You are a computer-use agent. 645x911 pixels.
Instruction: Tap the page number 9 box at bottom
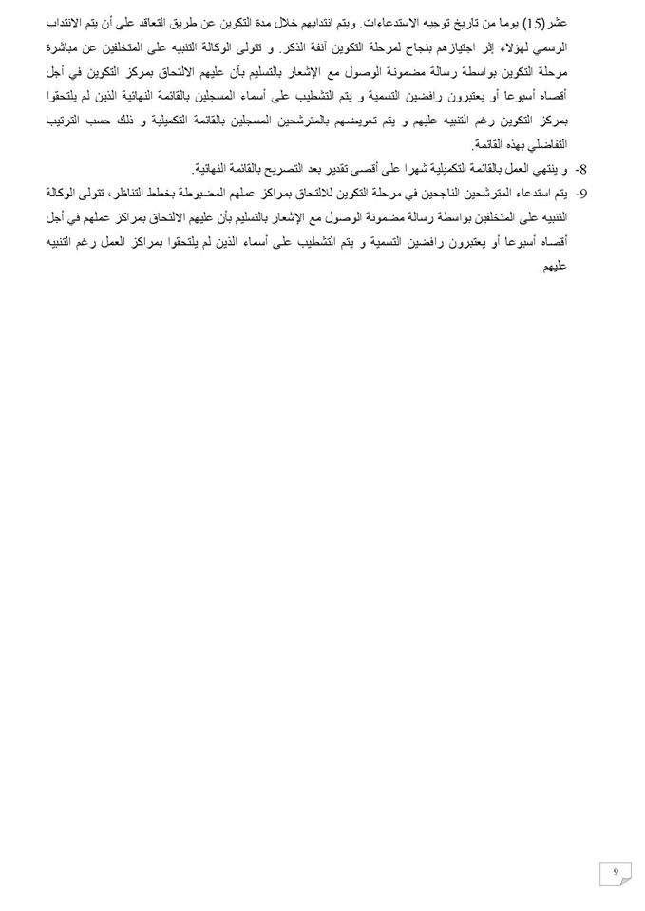616,872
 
